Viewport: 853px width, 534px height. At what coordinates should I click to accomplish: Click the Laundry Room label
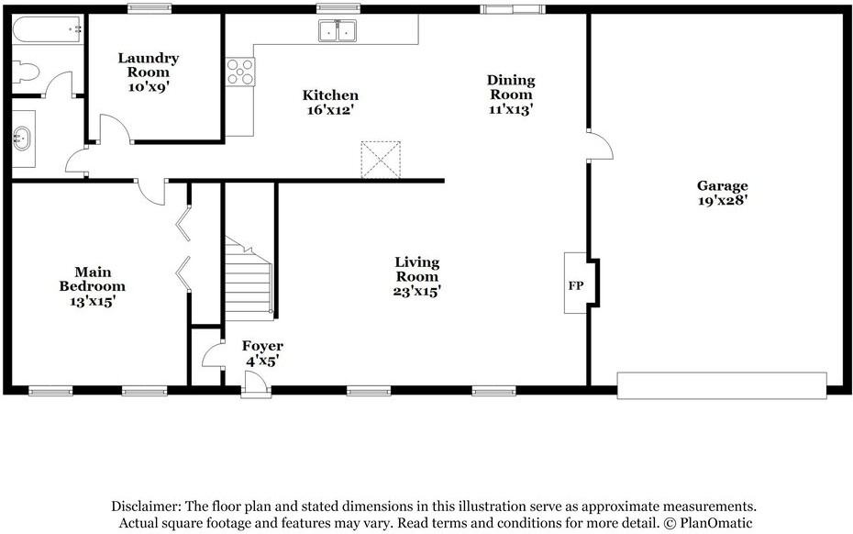[x=148, y=65]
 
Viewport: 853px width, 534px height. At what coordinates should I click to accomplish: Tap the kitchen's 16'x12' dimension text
[x=330, y=110]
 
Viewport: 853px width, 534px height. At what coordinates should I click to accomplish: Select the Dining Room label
[x=511, y=87]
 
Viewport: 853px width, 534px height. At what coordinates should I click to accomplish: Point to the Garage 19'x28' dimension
[x=723, y=200]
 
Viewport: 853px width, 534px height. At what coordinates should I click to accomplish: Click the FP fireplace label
[x=576, y=285]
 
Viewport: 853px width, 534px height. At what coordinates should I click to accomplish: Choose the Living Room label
[x=417, y=270]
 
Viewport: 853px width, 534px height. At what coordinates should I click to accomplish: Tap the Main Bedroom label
[x=93, y=279]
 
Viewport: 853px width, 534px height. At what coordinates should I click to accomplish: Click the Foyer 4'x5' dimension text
[x=262, y=361]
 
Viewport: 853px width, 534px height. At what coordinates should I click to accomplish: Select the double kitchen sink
[x=338, y=30]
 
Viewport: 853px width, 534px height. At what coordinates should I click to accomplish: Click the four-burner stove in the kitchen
[x=240, y=72]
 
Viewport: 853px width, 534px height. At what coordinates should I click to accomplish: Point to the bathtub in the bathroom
[x=48, y=30]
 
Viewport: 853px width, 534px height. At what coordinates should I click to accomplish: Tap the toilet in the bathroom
[x=26, y=72]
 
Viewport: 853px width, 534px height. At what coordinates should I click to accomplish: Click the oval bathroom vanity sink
[x=22, y=139]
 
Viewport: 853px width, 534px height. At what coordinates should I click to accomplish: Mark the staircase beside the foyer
[x=249, y=278]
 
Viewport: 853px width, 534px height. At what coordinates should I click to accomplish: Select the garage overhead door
[x=722, y=386]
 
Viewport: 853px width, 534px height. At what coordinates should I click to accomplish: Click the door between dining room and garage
[x=600, y=145]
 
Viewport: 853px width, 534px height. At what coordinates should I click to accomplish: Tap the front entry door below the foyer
[x=256, y=384]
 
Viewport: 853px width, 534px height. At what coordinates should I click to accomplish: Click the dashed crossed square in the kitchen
[x=381, y=160]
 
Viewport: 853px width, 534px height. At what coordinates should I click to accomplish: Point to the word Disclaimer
[x=146, y=506]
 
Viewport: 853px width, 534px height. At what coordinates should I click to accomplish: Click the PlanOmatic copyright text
[x=708, y=524]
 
